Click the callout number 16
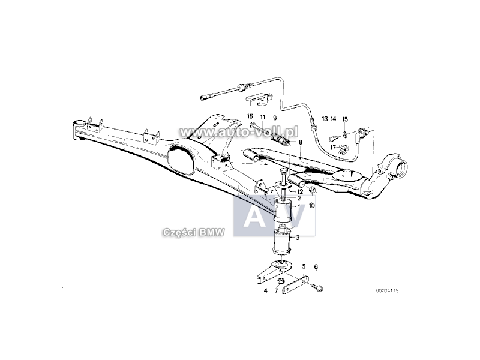(250, 116)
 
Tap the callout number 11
(262, 116)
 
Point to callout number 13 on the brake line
(325, 119)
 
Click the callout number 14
(334, 119)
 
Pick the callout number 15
(345, 119)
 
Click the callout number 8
(301, 142)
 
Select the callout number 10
(311, 205)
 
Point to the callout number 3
(298, 238)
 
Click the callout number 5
(304, 266)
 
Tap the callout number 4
(265, 291)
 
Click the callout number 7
(275, 291)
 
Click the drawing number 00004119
(387, 290)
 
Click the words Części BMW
(193, 232)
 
